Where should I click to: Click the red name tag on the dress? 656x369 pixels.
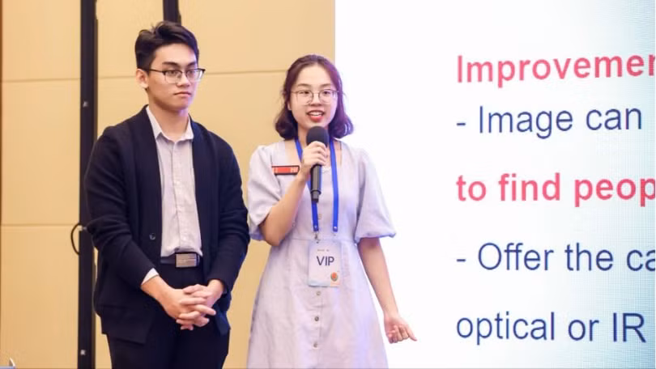click(x=285, y=170)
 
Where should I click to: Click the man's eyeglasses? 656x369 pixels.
click(x=175, y=74)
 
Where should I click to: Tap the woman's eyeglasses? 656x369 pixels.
click(x=314, y=95)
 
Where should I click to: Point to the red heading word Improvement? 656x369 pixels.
click(x=556, y=68)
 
